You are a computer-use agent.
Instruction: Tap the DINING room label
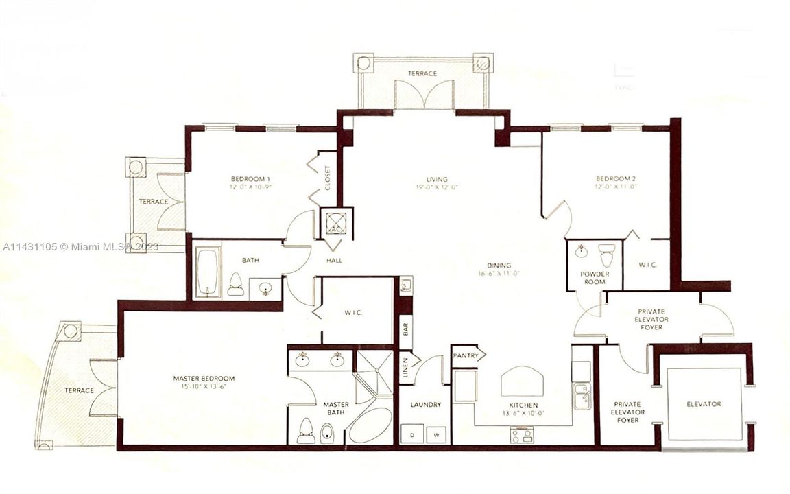500,266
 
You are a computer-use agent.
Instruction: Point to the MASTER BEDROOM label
204,379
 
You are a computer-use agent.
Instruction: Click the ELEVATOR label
704,404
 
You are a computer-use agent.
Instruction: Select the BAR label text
405,329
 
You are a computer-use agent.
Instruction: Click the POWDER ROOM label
594,278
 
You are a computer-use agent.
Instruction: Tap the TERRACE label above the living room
422,73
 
